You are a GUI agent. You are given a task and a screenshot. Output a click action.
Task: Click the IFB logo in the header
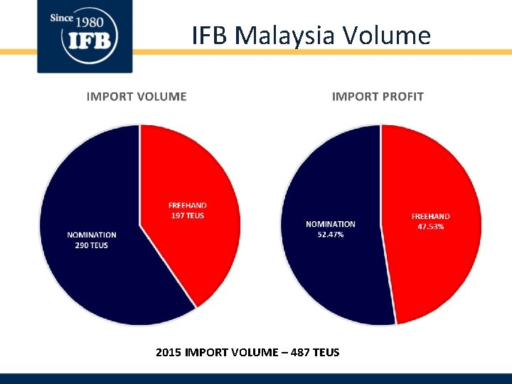click(x=85, y=37)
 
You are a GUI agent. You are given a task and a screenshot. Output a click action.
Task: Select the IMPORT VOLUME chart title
click(x=137, y=97)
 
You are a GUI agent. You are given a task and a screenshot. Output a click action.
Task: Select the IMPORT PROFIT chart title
click(x=378, y=97)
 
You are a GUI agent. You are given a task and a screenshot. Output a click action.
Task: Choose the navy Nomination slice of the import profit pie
click(x=334, y=277)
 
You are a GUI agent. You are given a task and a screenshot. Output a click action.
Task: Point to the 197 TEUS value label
click(x=188, y=215)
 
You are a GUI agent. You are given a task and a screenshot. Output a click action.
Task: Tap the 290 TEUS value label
click(x=92, y=245)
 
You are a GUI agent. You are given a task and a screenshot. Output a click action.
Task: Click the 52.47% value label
click(x=331, y=234)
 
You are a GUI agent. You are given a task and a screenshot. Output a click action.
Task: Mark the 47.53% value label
click(x=431, y=226)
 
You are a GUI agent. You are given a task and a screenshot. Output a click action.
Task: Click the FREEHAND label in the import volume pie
click(x=188, y=206)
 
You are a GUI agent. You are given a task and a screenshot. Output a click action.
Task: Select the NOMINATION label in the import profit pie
click(x=331, y=224)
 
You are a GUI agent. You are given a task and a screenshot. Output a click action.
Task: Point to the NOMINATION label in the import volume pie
click(x=92, y=235)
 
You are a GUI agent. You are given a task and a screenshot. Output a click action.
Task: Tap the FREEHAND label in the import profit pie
click(x=431, y=216)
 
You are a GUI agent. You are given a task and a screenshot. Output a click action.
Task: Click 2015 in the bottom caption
click(x=168, y=352)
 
